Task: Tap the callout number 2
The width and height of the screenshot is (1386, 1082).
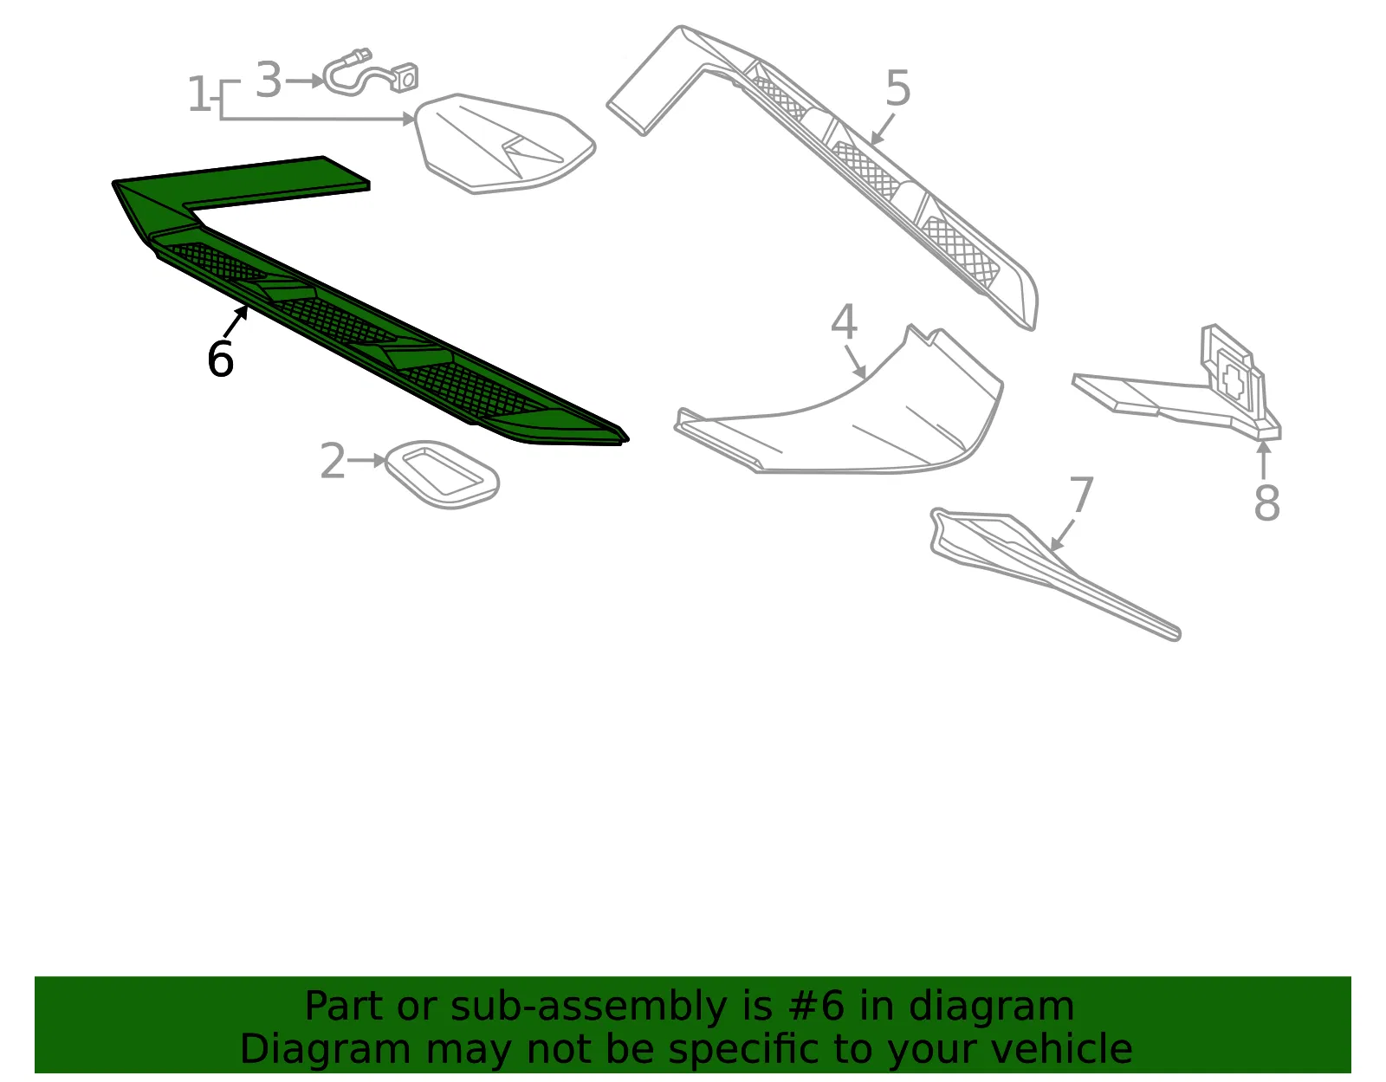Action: (333, 460)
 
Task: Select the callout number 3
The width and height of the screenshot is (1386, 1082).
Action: (269, 80)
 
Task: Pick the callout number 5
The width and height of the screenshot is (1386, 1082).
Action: (898, 88)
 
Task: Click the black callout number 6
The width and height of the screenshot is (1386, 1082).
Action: (221, 359)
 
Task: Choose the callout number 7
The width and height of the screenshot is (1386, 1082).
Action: (1081, 494)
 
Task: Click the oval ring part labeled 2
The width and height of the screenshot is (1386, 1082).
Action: (443, 475)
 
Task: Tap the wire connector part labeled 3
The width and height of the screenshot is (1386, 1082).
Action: (370, 74)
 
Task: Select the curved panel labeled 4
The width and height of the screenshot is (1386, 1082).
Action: (839, 408)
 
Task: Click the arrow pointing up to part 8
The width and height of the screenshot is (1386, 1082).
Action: (1264, 459)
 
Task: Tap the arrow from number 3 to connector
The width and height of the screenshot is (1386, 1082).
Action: (305, 81)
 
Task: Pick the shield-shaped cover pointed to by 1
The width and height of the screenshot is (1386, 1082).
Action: (504, 144)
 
